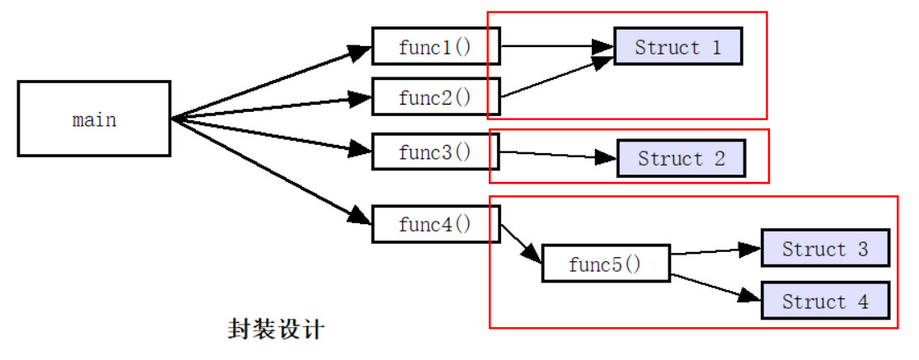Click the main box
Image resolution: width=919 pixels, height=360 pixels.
coord(94,119)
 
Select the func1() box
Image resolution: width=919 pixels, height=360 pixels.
coord(435,47)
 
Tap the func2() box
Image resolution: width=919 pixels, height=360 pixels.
coord(435,96)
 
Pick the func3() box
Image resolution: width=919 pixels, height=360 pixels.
coord(435,152)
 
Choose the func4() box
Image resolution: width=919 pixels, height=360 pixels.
coord(435,225)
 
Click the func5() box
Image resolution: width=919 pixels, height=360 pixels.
coord(606,264)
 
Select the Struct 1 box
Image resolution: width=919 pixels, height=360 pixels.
coord(678,46)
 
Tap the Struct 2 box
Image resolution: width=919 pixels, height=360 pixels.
coord(681,158)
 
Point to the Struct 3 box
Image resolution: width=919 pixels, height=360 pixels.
coord(825,249)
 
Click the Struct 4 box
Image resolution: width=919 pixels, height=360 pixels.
coord(825,301)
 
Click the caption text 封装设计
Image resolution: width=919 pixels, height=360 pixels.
coord(275,330)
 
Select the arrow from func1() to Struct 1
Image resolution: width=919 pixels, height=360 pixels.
coord(556,46)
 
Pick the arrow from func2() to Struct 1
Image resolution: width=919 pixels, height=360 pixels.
coord(556,78)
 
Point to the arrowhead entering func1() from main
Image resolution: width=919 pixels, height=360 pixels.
coord(359,53)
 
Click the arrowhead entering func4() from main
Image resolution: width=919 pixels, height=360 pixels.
coord(359,217)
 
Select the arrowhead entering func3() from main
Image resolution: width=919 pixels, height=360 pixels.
coord(359,149)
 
